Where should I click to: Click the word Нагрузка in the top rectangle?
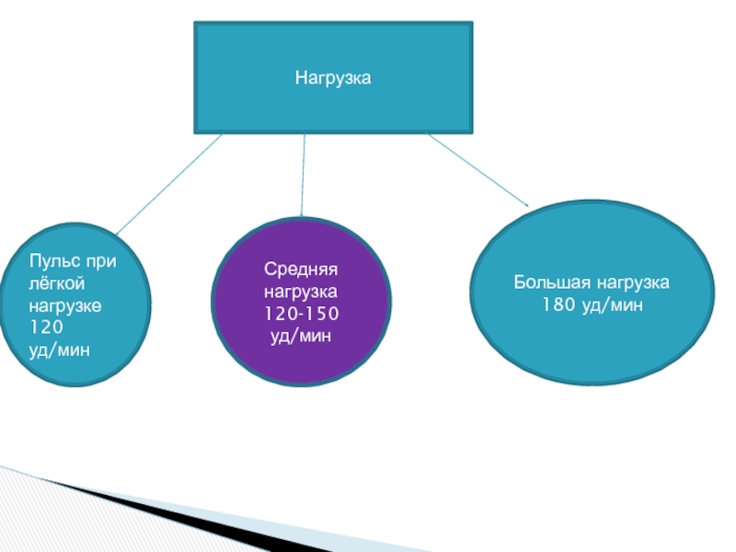click(332, 79)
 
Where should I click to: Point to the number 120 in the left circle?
click(46, 327)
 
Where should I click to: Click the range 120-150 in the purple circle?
click(302, 316)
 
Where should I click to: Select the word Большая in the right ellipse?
click(545, 282)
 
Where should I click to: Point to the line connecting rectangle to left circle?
click(170, 183)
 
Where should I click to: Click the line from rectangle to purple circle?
click(304, 175)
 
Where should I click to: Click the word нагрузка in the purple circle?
click(302, 293)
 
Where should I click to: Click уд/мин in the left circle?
click(60, 350)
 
